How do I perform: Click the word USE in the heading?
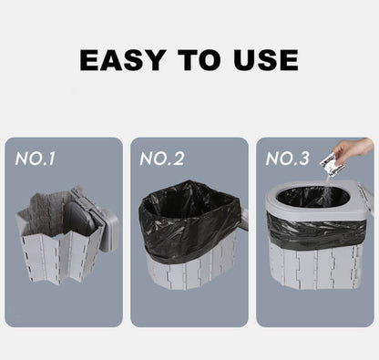tap(263, 59)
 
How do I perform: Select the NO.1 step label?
tap(36, 159)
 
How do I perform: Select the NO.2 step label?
tap(161, 159)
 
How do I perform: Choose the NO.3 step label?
tap(287, 159)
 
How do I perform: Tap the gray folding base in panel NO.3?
tap(314, 269)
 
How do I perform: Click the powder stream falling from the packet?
tap(326, 182)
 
